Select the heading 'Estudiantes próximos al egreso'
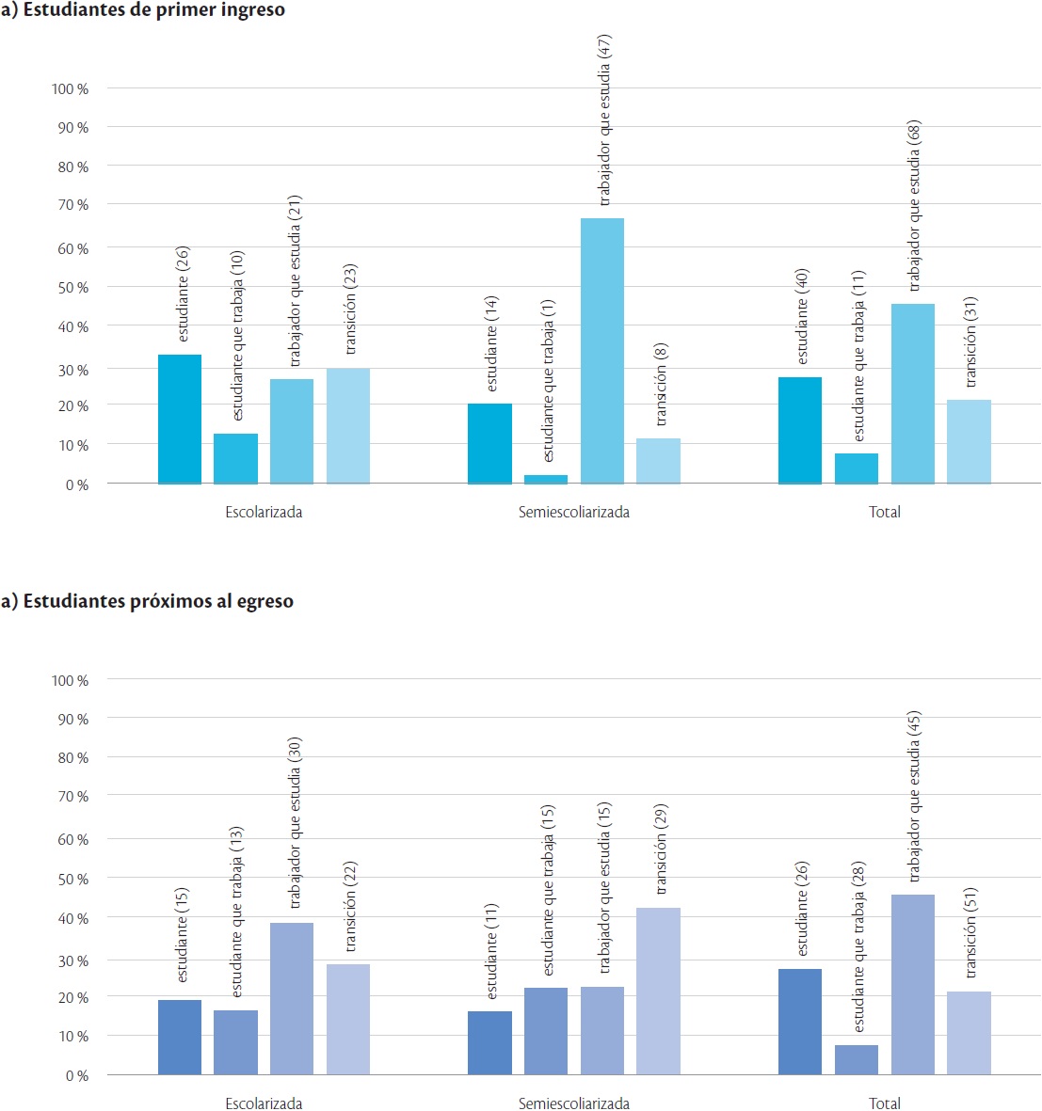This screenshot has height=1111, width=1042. click(x=153, y=601)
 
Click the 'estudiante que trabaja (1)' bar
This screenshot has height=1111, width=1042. click(x=546, y=479)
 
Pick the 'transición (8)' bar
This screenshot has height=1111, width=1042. click(x=658, y=461)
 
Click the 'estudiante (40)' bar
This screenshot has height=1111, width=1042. click(x=800, y=430)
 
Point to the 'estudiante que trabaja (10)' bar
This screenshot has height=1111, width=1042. click(x=235, y=458)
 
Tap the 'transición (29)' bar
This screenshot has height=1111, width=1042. click(x=658, y=991)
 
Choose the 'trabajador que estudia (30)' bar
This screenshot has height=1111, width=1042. click(x=292, y=998)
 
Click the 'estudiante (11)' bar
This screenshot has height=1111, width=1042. click(x=489, y=1042)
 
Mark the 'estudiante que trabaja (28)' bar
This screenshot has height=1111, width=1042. click(x=857, y=1059)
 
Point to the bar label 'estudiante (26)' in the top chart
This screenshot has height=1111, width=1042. click(x=183, y=294)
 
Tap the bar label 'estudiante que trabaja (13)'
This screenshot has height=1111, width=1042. click(x=237, y=913)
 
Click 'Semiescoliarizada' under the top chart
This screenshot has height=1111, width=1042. click(x=574, y=513)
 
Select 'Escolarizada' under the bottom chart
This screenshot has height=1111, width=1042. click(x=264, y=1103)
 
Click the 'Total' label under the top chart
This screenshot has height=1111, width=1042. click(x=885, y=513)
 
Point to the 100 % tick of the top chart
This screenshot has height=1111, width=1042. click(x=70, y=88)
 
